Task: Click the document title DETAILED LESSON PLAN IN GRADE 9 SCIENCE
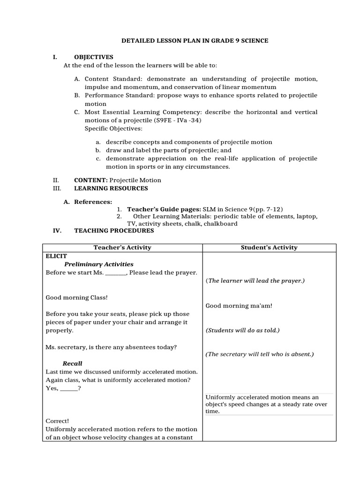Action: coord(195,41)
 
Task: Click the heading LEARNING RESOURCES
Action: coord(111,188)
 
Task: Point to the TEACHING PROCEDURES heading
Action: coord(114,231)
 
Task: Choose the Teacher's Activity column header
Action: coord(122,247)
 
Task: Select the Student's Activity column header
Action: coord(269,247)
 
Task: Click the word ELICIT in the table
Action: coord(56,256)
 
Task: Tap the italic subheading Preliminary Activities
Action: coord(99,264)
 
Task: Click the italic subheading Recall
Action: coord(73,363)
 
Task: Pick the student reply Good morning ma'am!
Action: coord(239,306)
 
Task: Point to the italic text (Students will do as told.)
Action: coord(242,330)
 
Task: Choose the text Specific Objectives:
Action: coord(114,128)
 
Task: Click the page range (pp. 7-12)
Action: coord(268,209)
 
